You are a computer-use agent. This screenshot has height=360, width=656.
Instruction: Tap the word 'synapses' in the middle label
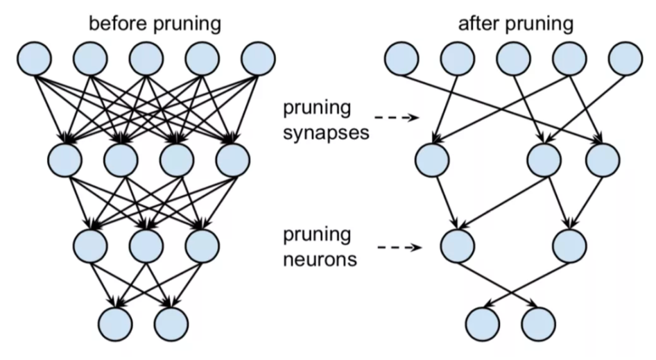326,134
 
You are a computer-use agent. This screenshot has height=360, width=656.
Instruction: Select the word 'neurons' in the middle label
320,259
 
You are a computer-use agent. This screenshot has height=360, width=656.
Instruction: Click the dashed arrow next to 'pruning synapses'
396,118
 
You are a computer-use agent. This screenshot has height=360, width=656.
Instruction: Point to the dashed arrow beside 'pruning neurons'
399,248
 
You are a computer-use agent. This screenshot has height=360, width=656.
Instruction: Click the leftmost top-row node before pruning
35,58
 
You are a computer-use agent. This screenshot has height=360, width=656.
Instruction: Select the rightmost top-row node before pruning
258,58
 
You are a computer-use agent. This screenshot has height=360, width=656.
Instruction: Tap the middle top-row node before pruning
146,58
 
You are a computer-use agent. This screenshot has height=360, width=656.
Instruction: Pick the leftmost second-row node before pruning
65,160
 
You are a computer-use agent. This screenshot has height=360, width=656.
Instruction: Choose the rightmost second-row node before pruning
233,160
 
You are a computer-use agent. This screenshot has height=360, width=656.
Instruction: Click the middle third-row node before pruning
146,246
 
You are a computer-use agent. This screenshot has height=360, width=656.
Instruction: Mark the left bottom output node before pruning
116,325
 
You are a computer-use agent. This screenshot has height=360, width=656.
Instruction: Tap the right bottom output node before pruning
171,325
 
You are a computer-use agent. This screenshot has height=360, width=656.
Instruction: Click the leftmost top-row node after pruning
402,58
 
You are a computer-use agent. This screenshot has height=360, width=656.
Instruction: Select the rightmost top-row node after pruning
626,58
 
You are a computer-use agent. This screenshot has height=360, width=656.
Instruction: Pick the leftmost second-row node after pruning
432,160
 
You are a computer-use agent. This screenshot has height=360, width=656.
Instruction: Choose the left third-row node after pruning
458,246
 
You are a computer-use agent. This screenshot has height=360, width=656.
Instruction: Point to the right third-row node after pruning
569,246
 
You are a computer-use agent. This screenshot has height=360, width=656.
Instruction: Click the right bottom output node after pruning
538,325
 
